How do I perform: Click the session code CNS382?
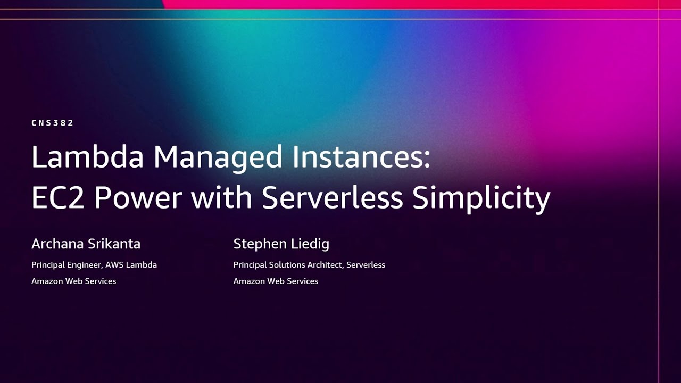click(52, 123)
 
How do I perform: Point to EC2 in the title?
click(58, 198)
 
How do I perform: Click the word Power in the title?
click(138, 198)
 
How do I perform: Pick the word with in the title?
click(222, 198)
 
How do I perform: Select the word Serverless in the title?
click(333, 198)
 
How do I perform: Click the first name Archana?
click(57, 244)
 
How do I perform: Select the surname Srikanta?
click(114, 244)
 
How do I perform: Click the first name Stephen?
click(259, 244)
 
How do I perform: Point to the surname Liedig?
click(309, 244)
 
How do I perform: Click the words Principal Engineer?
click(66, 265)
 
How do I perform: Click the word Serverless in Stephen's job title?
click(366, 265)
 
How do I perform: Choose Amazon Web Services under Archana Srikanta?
click(73, 281)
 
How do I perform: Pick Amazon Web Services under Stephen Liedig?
click(276, 281)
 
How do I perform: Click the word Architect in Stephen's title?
click(325, 265)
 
